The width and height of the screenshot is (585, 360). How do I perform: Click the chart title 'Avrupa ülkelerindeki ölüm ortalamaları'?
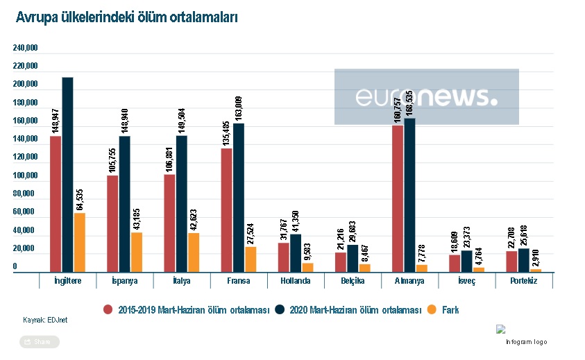(127, 18)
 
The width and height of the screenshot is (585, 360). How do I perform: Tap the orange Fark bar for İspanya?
(136, 252)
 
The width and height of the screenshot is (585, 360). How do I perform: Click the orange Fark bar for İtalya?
(193, 252)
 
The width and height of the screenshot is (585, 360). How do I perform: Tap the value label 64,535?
(80, 200)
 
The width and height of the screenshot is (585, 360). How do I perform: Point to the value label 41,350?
(296, 220)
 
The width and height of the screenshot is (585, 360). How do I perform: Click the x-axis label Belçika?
(353, 282)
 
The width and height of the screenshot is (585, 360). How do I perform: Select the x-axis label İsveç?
(467, 282)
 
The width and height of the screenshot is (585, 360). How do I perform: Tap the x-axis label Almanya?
(410, 282)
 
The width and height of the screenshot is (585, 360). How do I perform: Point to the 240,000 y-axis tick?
(25, 48)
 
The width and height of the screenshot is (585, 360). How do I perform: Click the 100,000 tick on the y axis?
(25, 175)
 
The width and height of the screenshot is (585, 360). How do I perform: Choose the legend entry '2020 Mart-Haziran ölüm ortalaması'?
(354, 310)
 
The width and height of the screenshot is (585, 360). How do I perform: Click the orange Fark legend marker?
(432, 310)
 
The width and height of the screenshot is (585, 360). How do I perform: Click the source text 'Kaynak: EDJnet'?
(45, 320)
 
